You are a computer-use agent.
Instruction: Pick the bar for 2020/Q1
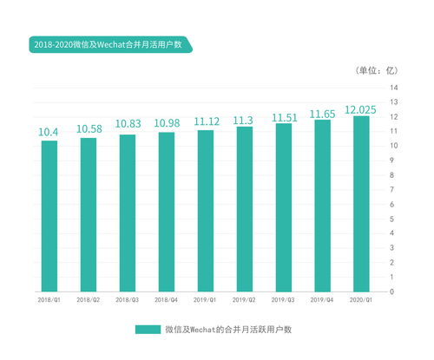[361, 203]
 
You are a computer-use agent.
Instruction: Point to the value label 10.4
[49, 132]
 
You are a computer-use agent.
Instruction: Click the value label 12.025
[361, 109]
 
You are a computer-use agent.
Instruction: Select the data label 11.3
[244, 120]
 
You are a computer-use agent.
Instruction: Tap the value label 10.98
[167, 125]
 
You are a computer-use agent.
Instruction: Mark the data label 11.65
[322, 114]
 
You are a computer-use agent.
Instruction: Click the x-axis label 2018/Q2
[89, 299]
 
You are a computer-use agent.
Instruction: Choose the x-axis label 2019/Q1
[206, 299]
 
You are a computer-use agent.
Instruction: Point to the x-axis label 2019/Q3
[283, 299]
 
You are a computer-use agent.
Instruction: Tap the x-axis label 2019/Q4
[322, 299]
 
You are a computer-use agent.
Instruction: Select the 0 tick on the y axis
[393, 291]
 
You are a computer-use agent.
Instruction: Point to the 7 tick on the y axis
[393, 190]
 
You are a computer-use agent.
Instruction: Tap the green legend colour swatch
[148, 330]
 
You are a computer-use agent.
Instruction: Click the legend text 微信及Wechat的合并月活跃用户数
[227, 330]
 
